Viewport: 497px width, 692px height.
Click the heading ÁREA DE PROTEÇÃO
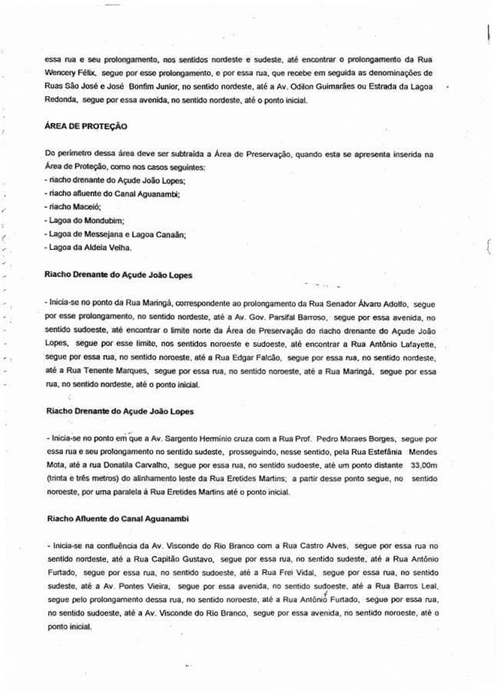click(x=86, y=125)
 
